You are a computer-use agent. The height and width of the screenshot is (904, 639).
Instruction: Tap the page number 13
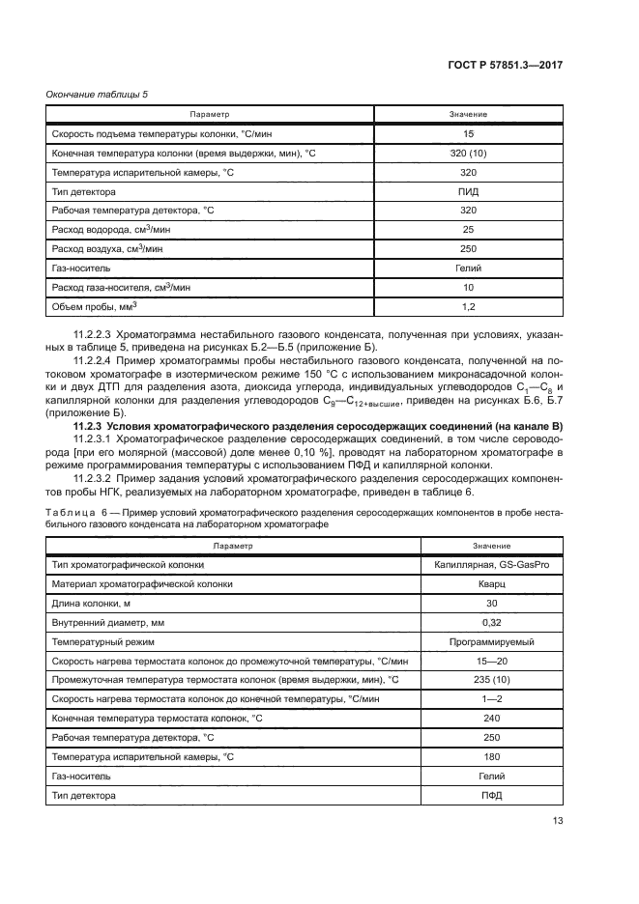coord(558,822)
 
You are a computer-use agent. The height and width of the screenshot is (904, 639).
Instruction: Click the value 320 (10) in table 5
coord(468,154)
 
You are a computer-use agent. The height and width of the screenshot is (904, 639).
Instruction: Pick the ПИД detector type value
coord(468,191)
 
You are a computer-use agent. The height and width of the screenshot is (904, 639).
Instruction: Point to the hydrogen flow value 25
coord(468,230)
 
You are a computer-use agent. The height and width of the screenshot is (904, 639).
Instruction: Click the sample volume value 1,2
coord(468,307)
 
